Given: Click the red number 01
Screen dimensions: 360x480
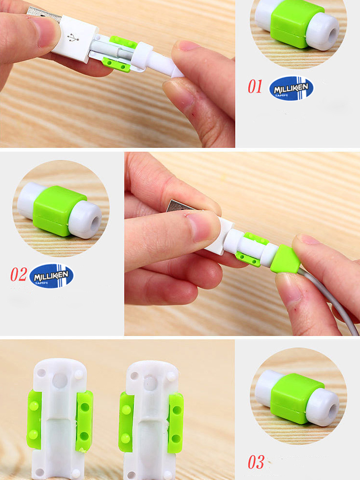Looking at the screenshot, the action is click(x=255, y=86).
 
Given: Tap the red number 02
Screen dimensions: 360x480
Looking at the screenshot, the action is click(x=19, y=274).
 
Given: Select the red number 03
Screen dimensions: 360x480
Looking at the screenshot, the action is click(x=256, y=462).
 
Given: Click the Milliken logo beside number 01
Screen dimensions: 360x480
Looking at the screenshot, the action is click(x=291, y=88).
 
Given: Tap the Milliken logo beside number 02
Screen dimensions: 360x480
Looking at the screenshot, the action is click(x=51, y=276).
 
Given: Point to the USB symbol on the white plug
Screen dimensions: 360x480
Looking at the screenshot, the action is click(x=73, y=37).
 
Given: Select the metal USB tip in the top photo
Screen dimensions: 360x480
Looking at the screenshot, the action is click(x=43, y=13).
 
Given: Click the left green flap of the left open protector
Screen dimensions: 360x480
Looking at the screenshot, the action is click(x=34, y=420).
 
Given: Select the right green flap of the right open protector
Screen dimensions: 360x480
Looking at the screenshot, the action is click(x=176, y=423).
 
